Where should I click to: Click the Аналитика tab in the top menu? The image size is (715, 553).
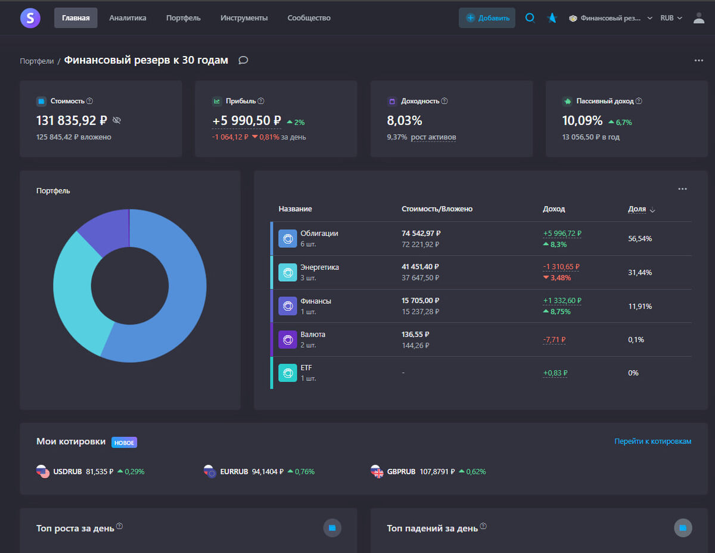click(x=128, y=18)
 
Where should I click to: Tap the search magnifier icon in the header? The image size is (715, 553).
click(x=530, y=18)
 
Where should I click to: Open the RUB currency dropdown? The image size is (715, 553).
click(x=671, y=18)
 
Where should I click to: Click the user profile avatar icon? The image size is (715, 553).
click(x=698, y=18)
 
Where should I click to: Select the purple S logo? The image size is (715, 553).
click(x=30, y=18)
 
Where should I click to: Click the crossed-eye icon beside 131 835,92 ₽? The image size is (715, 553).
click(x=117, y=120)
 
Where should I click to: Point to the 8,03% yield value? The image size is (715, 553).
click(x=405, y=120)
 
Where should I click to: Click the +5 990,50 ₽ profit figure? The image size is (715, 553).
click(x=246, y=120)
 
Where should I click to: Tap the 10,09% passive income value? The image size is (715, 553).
click(x=582, y=120)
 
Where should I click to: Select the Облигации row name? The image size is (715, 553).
click(x=319, y=233)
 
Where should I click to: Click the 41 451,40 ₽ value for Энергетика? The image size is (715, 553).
click(x=421, y=267)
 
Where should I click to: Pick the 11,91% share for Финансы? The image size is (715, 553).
click(x=640, y=306)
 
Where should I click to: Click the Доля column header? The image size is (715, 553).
click(x=637, y=209)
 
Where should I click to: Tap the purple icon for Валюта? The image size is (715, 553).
click(x=288, y=340)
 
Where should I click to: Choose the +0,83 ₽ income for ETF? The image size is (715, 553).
click(x=555, y=373)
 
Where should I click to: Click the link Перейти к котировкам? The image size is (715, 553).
click(x=652, y=442)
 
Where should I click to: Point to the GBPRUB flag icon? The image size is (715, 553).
click(x=377, y=471)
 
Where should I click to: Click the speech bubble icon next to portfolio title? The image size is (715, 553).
click(x=243, y=60)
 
